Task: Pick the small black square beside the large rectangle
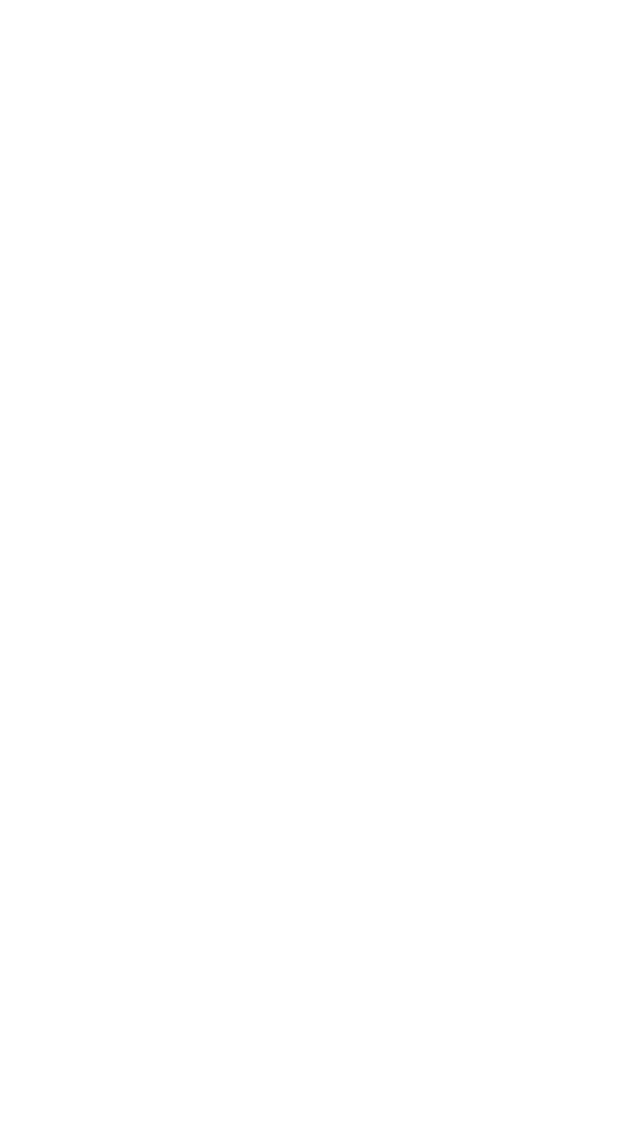tap(410, 696)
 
